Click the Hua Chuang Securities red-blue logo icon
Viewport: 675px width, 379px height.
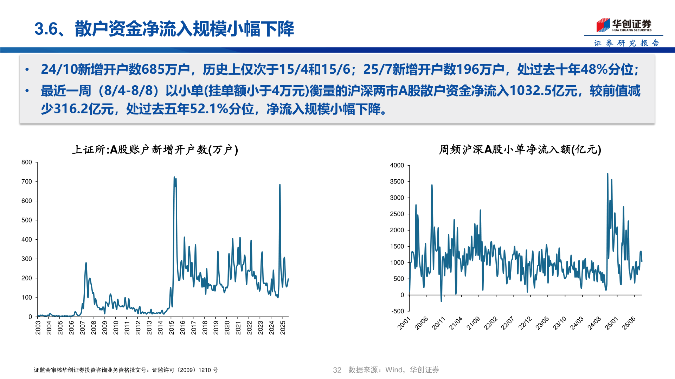point(603,25)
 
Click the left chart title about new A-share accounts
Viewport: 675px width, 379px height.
point(155,150)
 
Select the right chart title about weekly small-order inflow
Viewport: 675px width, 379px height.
point(520,150)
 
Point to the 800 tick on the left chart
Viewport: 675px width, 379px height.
point(27,162)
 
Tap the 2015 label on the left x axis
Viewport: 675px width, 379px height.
point(172,327)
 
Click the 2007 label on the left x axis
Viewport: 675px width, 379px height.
point(83,327)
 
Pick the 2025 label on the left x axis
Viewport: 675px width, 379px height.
point(283,327)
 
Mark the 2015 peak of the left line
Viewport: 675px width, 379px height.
point(174,177)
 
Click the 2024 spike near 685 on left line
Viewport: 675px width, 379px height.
point(280,185)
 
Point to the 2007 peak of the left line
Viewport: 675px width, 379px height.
point(86,263)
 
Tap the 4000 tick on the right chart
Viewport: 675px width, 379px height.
point(397,165)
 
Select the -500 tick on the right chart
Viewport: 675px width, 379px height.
point(398,311)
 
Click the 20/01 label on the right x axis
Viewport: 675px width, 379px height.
point(404,323)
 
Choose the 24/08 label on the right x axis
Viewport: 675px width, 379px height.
point(594,323)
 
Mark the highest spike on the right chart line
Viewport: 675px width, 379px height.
point(607,174)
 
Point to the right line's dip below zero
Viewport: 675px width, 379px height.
point(442,301)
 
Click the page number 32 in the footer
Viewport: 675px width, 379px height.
point(337,370)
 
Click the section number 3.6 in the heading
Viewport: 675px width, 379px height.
point(46,29)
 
